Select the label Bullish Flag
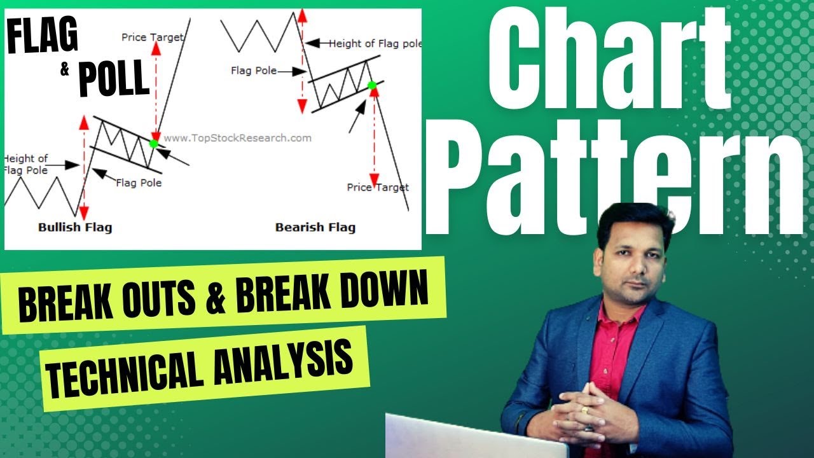click(75, 227)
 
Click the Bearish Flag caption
click(315, 227)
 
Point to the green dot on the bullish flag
click(153, 143)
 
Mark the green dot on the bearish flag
click(372, 85)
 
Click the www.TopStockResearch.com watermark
click(238, 138)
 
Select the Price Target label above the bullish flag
click(151, 38)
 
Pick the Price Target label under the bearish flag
click(378, 187)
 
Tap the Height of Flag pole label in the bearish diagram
click(375, 44)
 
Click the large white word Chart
click(610, 64)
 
